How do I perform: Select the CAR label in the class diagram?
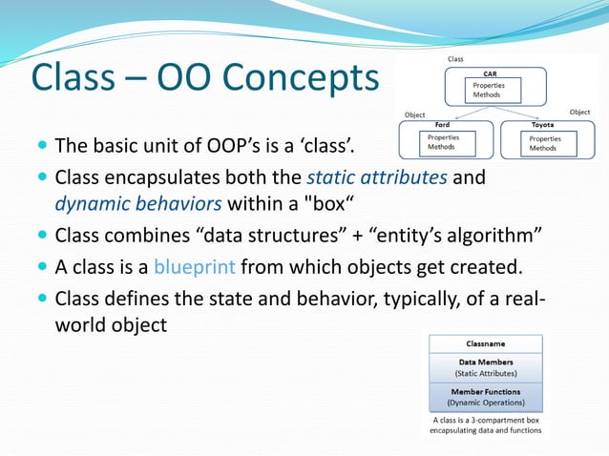[x=490, y=73]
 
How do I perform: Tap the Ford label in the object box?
[x=442, y=125]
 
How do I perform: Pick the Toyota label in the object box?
[x=542, y=125]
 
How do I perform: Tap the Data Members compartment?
[x=486, y=367]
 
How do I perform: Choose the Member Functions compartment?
[x=486, y=396]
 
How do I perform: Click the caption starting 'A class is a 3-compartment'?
[x=486, y=425]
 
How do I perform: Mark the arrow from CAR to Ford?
[x=459, y=113]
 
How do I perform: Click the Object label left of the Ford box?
[x=415, y=114]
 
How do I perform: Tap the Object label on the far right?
[x=579, y=113]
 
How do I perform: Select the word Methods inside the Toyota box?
[x=543, y=148]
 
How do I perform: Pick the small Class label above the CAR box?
[x=456, y=59]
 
